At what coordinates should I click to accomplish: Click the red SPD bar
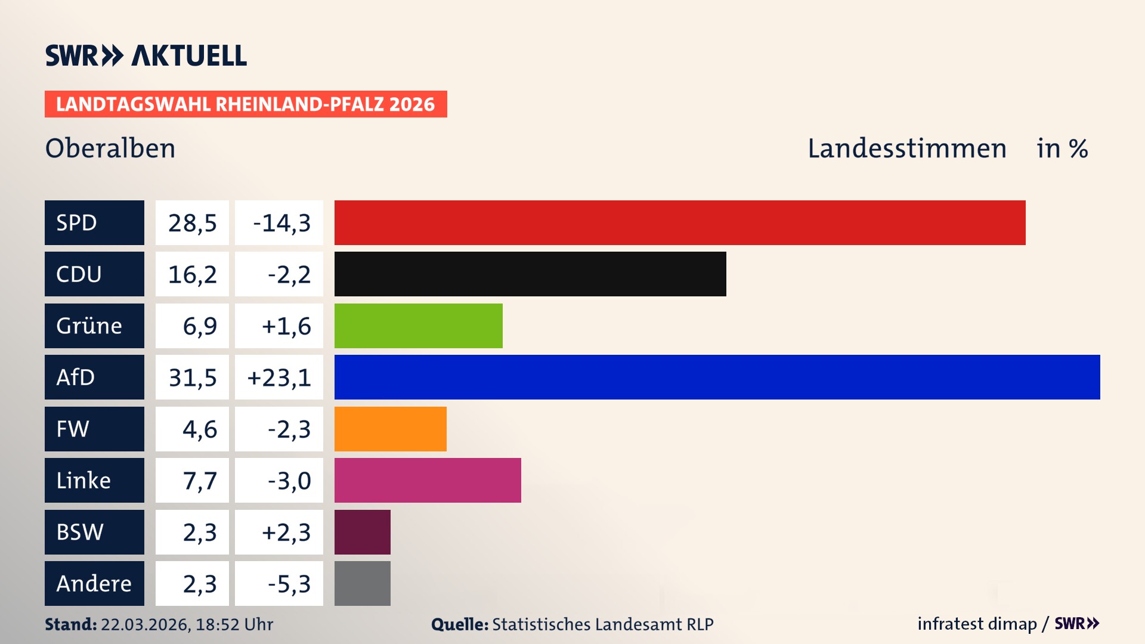[680, 222]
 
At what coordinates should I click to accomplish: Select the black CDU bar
[530, 274]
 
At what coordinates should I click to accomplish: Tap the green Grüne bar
[418, 326]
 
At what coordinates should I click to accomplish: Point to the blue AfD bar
[717, 377]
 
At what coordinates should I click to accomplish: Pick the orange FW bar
[390, 429]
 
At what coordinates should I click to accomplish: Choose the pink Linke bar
[428, 480]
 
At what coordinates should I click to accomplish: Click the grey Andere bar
[362, 583]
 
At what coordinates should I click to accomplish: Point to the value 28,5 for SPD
[192, 222]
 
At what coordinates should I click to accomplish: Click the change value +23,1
[279, 377]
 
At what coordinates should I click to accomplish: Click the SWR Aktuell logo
[146, 55]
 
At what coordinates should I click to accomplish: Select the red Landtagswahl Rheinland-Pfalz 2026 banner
[246, 104]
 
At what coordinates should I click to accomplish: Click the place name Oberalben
[110, 148]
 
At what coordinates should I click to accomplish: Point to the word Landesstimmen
[906, 148]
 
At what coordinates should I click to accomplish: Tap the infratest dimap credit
[976, 624]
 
